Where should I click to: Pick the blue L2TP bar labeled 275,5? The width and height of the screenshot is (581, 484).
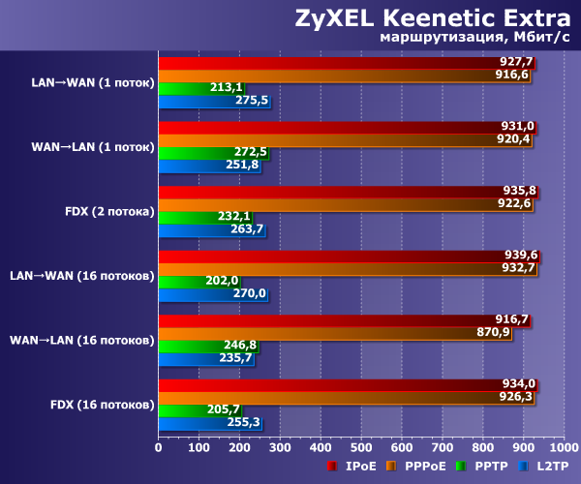tap(213, 101)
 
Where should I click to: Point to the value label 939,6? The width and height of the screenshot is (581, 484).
tap(521, 256)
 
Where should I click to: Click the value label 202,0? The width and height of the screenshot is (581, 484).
tap(223, 281)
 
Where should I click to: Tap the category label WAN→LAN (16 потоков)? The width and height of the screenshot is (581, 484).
tap(81, 340)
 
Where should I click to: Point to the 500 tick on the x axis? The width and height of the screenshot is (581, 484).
tap(361, 448)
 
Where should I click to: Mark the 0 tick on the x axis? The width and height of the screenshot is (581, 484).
tap(159, 448)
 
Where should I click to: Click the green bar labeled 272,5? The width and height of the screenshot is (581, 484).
tap(212, 152)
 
